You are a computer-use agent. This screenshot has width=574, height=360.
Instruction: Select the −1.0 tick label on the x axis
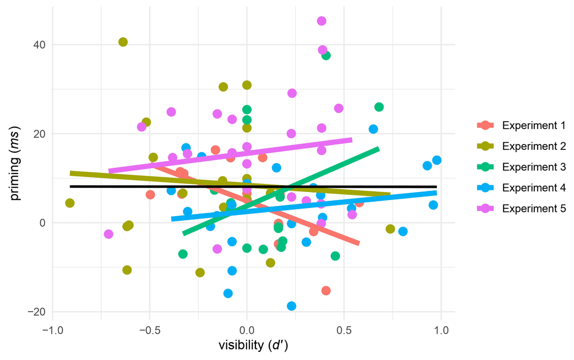click(52, 331)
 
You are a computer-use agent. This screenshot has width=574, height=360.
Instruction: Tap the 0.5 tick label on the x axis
click(343, 331)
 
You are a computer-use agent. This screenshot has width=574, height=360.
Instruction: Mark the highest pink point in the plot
click(321, 21)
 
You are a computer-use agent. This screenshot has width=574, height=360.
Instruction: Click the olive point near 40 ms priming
click(123, 42)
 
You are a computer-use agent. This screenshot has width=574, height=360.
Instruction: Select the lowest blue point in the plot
click(291, 306)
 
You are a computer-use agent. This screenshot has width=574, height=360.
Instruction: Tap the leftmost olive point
click(70, 203)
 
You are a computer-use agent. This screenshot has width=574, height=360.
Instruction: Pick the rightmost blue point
click(436, 160)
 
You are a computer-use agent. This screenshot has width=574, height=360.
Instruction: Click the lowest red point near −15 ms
click(326, 291)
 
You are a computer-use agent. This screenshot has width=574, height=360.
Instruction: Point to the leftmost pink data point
click(109, 234)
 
